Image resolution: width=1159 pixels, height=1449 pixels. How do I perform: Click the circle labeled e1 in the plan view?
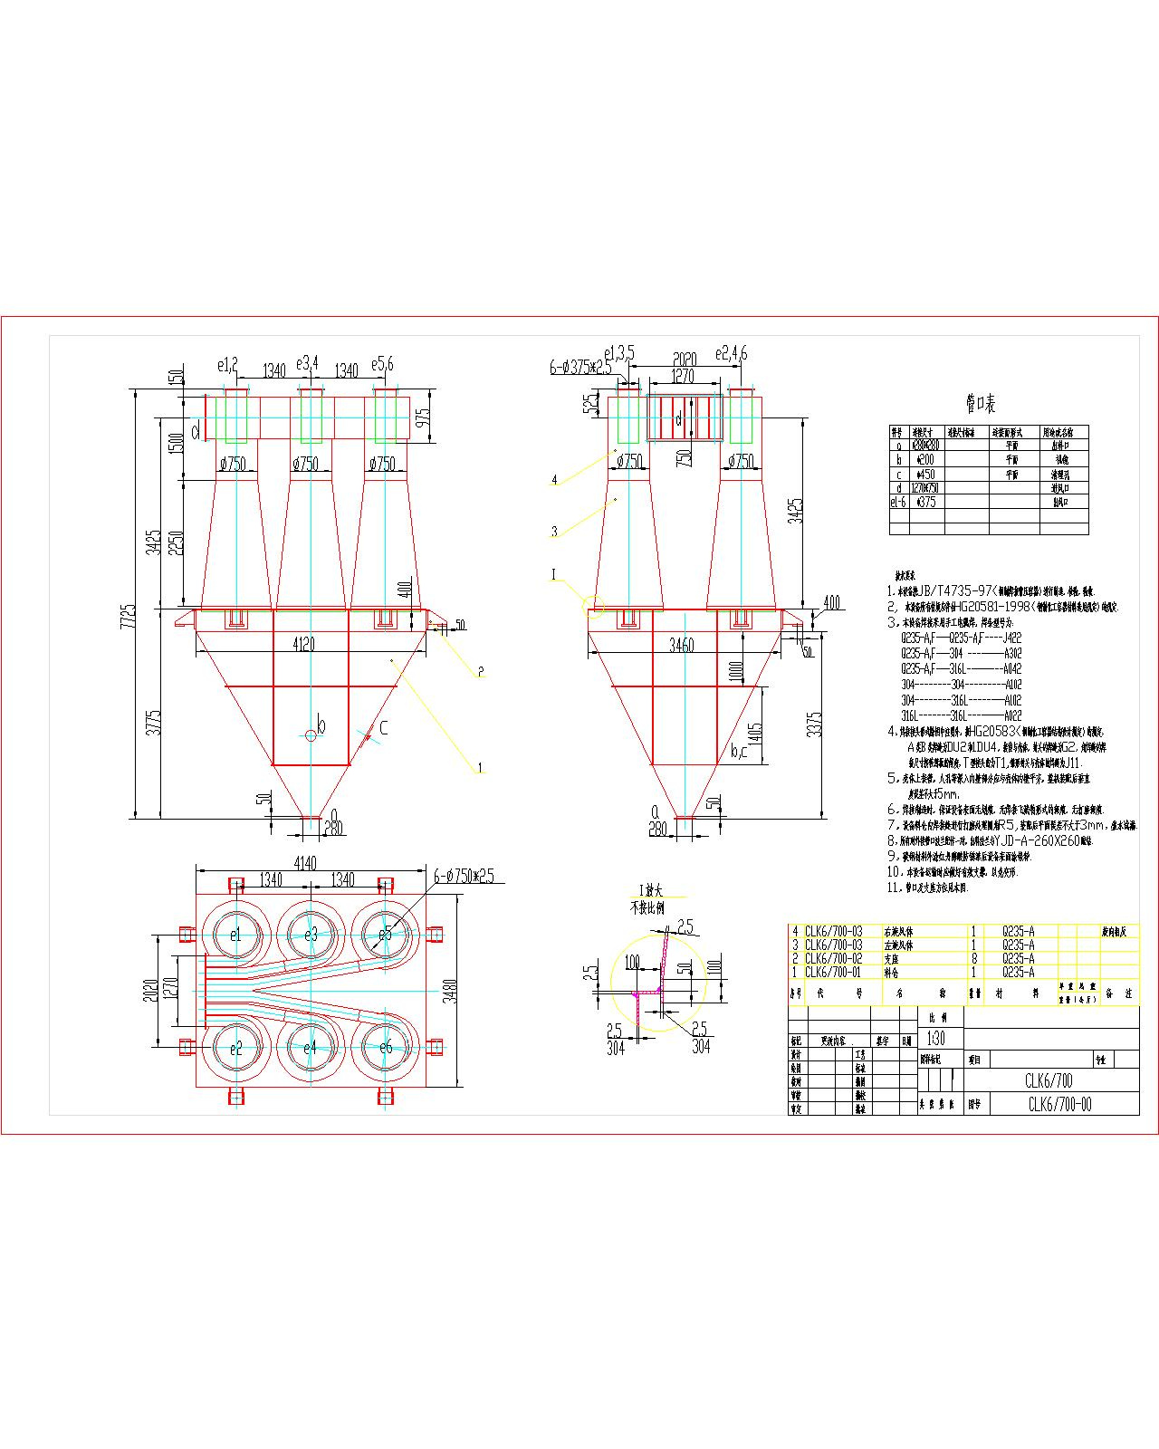[x=235, y=935]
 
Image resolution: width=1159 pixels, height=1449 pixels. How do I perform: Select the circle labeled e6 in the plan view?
[x=386, y=1048]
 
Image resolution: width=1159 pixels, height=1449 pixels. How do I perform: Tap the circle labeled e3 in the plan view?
[x=311, y=935]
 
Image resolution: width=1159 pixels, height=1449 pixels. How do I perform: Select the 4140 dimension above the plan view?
[x=305, y=863]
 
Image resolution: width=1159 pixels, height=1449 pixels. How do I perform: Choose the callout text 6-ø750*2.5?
[x=463, y=876]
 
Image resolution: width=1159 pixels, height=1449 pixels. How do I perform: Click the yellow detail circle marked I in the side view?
[x=594, y=606]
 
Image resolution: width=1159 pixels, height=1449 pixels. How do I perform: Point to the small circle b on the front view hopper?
[x=311, y=734]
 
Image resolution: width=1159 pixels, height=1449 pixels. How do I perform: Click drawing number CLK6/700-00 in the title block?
[x=1059, y=1104]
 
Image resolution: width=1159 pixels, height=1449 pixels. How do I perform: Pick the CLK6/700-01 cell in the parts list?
[x=833, y=972]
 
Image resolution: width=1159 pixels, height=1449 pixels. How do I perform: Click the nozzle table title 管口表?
[x=982, y=404]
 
